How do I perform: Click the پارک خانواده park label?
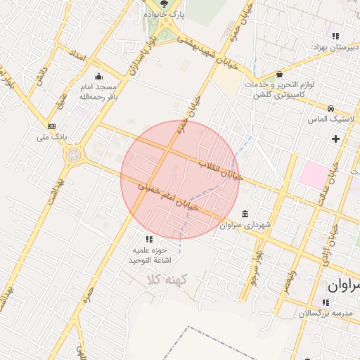(x=165, y=14)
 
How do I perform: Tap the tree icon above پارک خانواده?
(x=165, y=4)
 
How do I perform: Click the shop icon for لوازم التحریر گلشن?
(x=280, y=74)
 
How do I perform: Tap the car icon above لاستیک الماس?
(x=330, y=109)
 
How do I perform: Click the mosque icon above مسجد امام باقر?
(x=98, y=77)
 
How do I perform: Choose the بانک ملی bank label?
(x=51, y=137)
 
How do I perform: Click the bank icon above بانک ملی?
(x=51, y=126)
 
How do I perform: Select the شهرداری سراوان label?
(x=245, y=225)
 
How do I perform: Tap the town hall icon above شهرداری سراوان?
(x=245, y=214)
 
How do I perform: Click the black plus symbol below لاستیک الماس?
(x=335, y=139)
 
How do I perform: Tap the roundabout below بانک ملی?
(x=72, y=154)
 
